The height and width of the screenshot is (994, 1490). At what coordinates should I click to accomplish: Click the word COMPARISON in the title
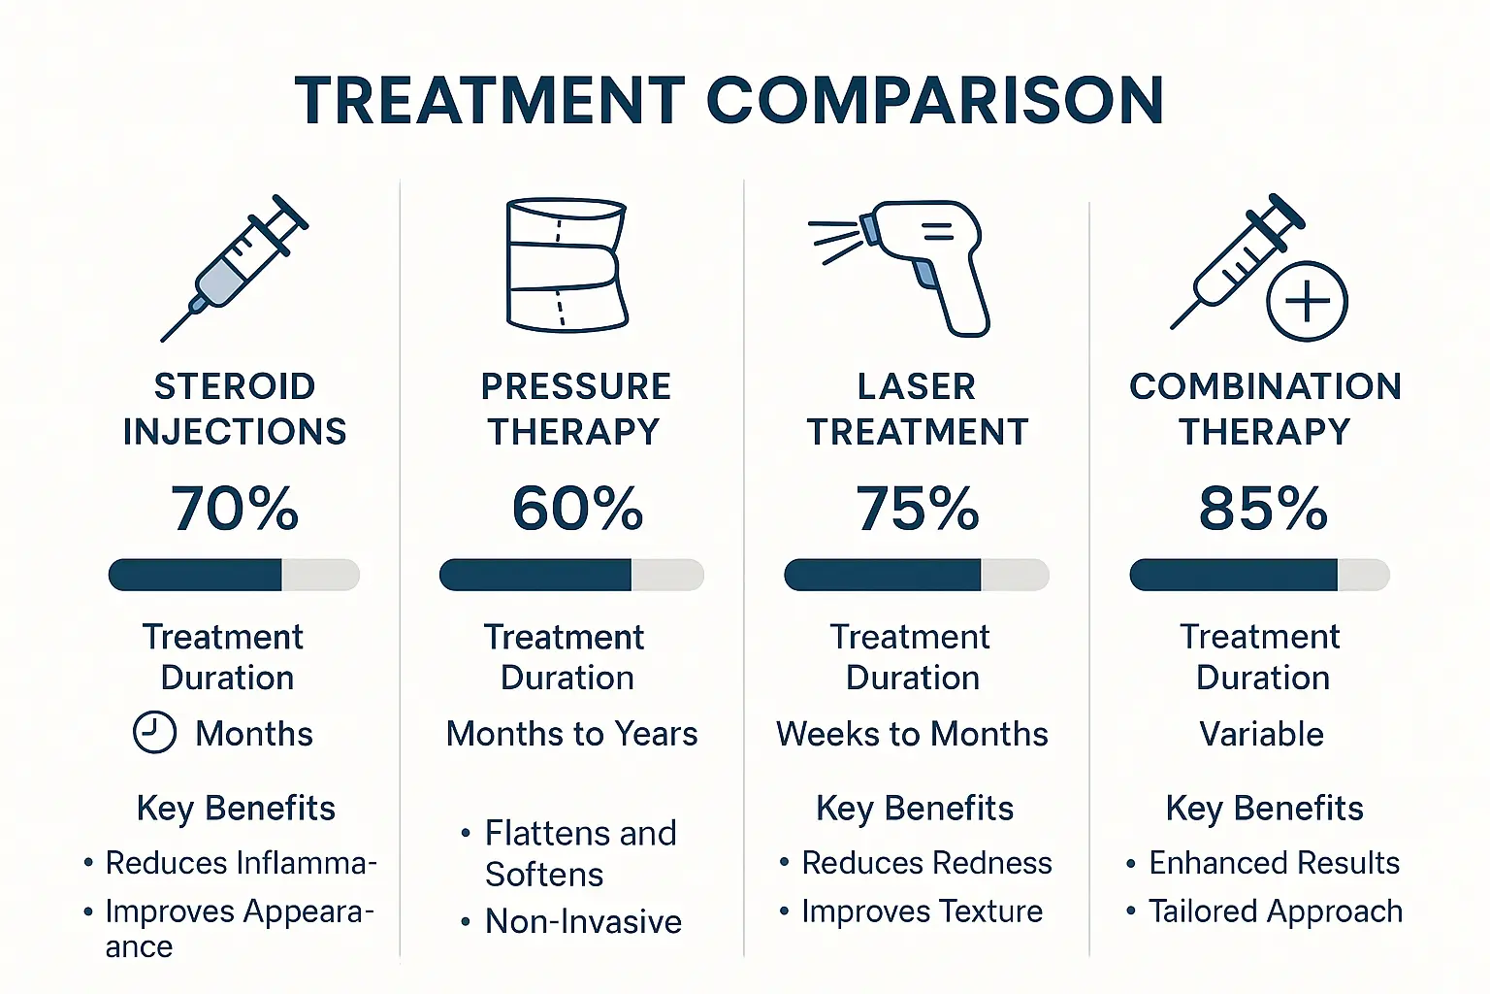[x=935, y=101]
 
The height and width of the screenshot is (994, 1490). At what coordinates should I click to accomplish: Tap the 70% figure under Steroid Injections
[x=235, y=508]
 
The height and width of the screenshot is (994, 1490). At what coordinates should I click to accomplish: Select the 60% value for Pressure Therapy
[x=577, y=508]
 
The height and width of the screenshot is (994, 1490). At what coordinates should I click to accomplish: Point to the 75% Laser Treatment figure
[x=917, y=508]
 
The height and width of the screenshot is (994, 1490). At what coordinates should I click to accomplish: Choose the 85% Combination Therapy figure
[x=1263, y=508]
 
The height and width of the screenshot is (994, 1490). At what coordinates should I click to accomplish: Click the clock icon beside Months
[x=154, y=733]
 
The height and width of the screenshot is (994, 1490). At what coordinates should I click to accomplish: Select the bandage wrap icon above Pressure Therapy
[x=567, y=265]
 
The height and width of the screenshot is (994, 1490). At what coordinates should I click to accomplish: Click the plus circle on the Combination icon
[x=1307, y=301]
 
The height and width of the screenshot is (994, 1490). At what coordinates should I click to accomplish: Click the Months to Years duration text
[x=571, y=734]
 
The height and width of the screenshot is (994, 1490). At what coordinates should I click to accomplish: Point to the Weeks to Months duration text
[x=912, y=734]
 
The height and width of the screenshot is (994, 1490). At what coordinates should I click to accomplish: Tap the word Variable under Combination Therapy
[x=1261, y=734]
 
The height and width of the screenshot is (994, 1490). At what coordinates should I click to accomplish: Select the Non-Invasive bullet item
[x=583, y=921]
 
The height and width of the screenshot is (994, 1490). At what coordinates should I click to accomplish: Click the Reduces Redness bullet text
[x=926, y=863]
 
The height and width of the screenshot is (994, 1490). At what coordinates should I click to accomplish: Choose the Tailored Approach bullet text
[x=1276, y=911]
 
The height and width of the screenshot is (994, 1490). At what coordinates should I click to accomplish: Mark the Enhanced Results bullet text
[x=1274, y=863]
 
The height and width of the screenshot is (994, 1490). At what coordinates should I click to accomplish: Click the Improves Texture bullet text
[x=922, y=911]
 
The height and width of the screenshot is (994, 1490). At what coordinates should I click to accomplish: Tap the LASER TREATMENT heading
[x=917, y=409]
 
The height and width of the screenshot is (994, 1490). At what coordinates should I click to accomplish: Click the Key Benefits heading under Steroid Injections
[x=236, y=808]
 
